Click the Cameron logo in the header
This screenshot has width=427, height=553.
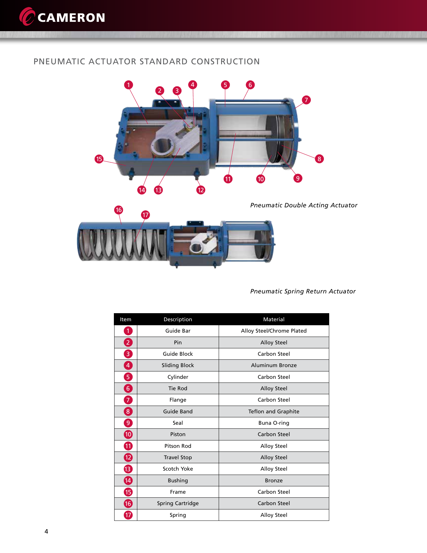62,17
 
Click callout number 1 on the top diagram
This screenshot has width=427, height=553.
128,85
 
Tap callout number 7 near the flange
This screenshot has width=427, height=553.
306,100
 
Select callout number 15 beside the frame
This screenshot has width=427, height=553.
99,159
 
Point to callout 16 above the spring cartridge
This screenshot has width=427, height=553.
119,210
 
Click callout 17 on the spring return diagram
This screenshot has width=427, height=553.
145,215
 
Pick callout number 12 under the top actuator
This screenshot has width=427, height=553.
201,190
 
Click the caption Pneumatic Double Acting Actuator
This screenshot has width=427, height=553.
303,205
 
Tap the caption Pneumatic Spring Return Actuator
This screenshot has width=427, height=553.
303,291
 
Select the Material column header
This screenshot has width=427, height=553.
274,319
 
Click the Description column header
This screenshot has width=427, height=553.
178,319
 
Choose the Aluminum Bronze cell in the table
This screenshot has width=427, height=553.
274,365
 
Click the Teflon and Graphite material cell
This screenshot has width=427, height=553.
274,411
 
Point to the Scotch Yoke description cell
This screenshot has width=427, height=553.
178,469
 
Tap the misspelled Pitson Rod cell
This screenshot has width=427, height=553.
178,446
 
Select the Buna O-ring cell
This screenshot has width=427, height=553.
274,423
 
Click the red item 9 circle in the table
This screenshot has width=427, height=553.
128,423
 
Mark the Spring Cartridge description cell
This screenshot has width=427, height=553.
178,503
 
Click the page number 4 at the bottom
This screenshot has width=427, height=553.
46,531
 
